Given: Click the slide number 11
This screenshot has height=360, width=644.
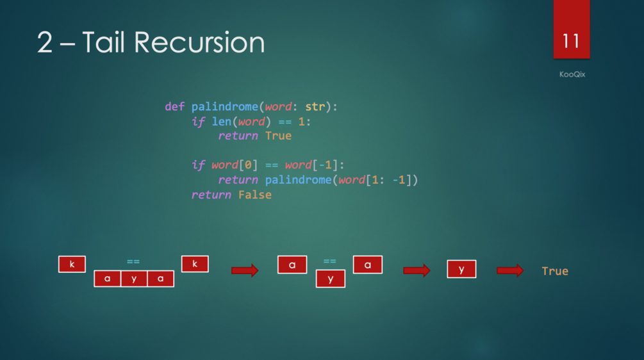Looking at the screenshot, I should click(571, 41).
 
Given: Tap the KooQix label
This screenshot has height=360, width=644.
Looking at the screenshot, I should click(572, 74).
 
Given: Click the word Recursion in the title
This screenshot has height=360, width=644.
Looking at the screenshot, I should click(199, 43).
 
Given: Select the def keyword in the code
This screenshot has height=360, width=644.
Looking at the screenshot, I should click(174, 106).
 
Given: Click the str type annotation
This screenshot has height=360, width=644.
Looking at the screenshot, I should click(315, 106).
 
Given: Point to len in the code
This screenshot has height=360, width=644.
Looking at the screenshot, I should click(222, 121).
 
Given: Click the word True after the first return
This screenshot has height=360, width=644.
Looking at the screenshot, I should click(278, 136).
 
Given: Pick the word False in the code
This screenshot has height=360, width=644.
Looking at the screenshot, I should click(254, 195).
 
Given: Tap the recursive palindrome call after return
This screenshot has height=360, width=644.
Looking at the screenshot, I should click(298, 180).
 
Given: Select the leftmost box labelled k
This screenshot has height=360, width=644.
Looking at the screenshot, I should click(72, 264).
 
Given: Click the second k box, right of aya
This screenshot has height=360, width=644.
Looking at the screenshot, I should click(195, 263).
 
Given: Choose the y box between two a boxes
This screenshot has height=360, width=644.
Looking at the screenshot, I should click(134, 279).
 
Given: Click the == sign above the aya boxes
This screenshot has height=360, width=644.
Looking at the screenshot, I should click(133, 261).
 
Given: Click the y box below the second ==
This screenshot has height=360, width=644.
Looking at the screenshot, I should click(331, 279).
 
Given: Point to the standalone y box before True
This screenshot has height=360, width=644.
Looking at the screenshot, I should click(461, 269).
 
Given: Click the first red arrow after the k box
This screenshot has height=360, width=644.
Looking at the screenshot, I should click(245, 270).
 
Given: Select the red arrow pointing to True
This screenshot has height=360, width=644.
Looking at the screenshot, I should click(510, 270).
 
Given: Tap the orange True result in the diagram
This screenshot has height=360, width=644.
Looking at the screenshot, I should click(555, 271).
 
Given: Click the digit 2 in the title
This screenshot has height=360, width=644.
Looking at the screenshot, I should click(45, 43).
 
